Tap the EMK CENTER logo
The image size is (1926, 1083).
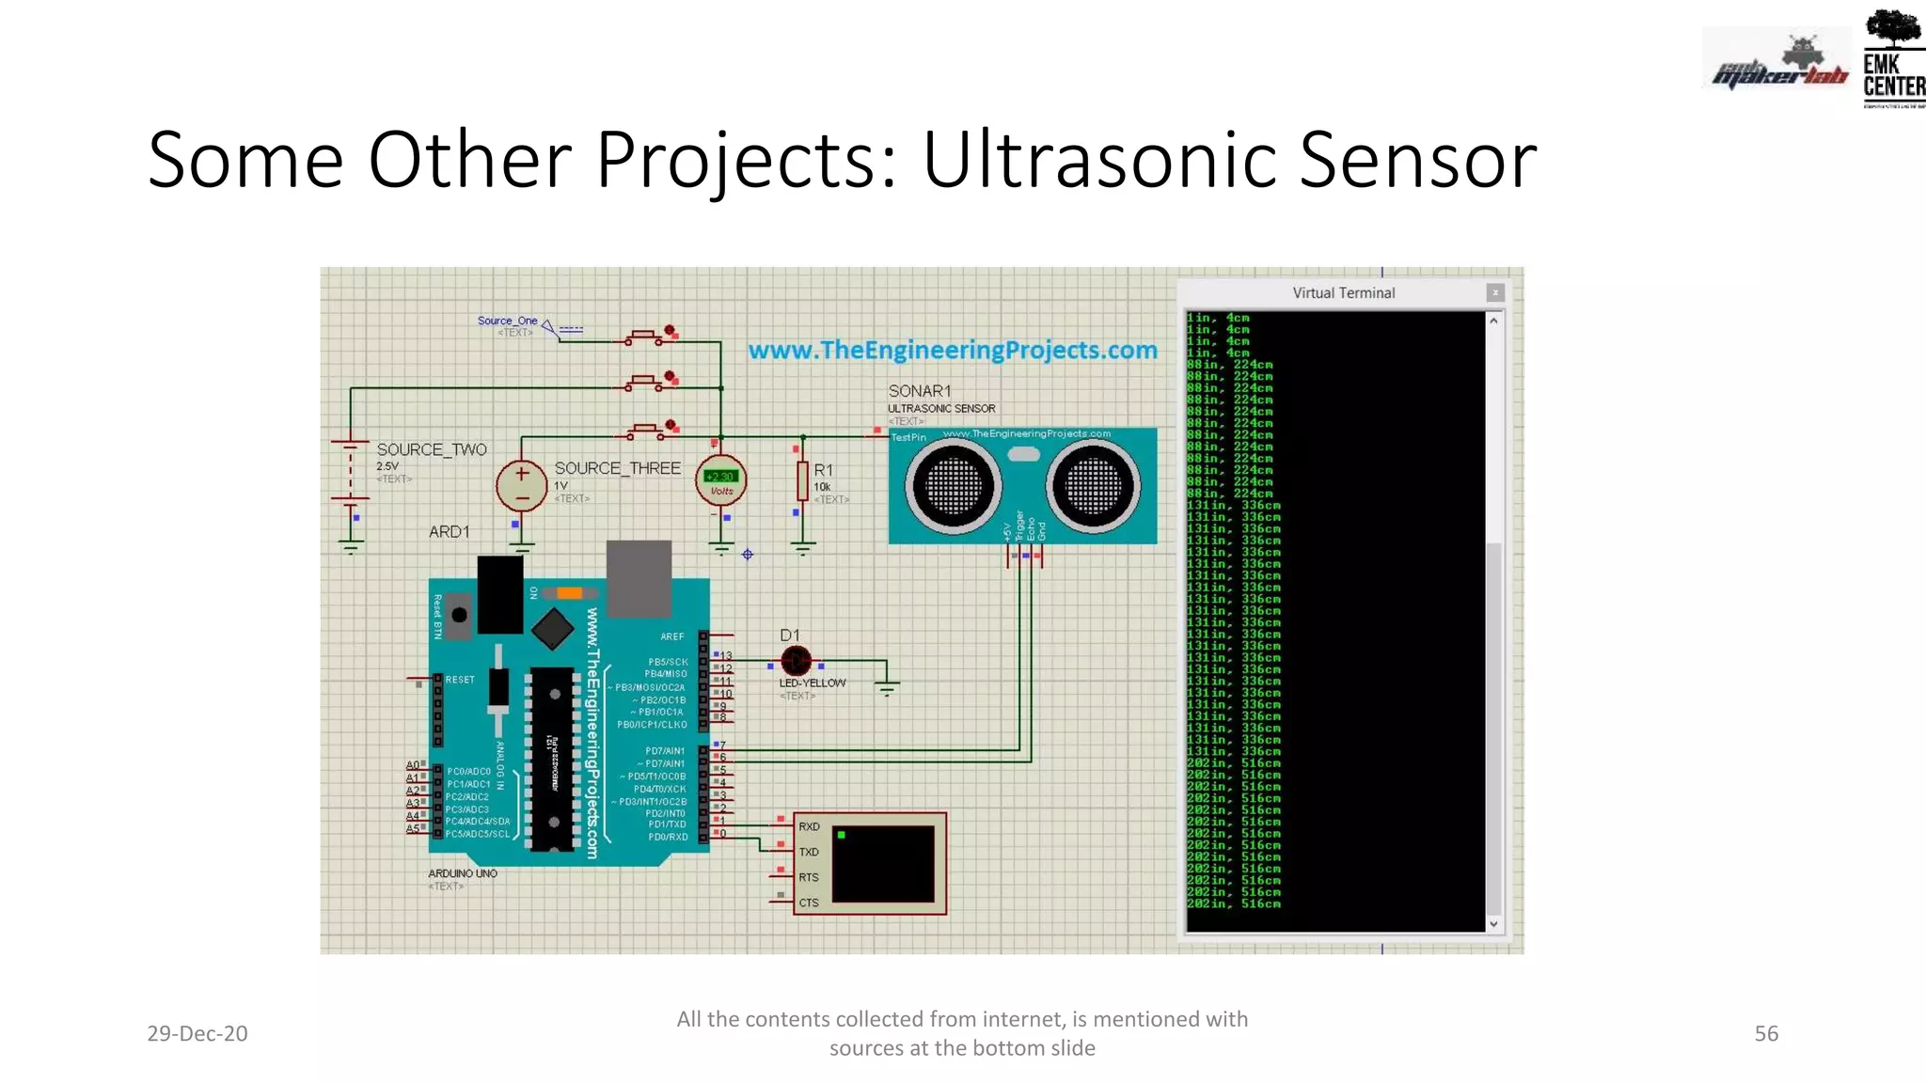1893,58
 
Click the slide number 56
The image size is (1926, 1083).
1766,1033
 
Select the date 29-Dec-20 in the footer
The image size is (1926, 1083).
197,1033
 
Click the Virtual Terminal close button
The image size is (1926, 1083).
1495,292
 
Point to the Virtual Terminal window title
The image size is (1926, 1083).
1343,293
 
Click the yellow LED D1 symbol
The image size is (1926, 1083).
796,661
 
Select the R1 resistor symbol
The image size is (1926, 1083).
802,480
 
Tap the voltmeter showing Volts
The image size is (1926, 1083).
721,480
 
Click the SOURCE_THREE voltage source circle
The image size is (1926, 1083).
521,485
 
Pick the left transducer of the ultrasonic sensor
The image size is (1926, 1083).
953,486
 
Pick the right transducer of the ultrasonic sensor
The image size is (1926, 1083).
1093,486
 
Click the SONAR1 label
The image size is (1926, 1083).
920,391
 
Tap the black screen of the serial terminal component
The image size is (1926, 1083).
883,863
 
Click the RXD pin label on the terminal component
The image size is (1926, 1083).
809,827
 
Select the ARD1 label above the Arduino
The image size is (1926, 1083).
449,532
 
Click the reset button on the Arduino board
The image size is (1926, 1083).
459,615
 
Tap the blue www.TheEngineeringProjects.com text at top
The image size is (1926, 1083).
952,351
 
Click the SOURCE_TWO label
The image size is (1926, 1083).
432,450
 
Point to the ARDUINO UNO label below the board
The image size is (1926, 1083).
463,873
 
